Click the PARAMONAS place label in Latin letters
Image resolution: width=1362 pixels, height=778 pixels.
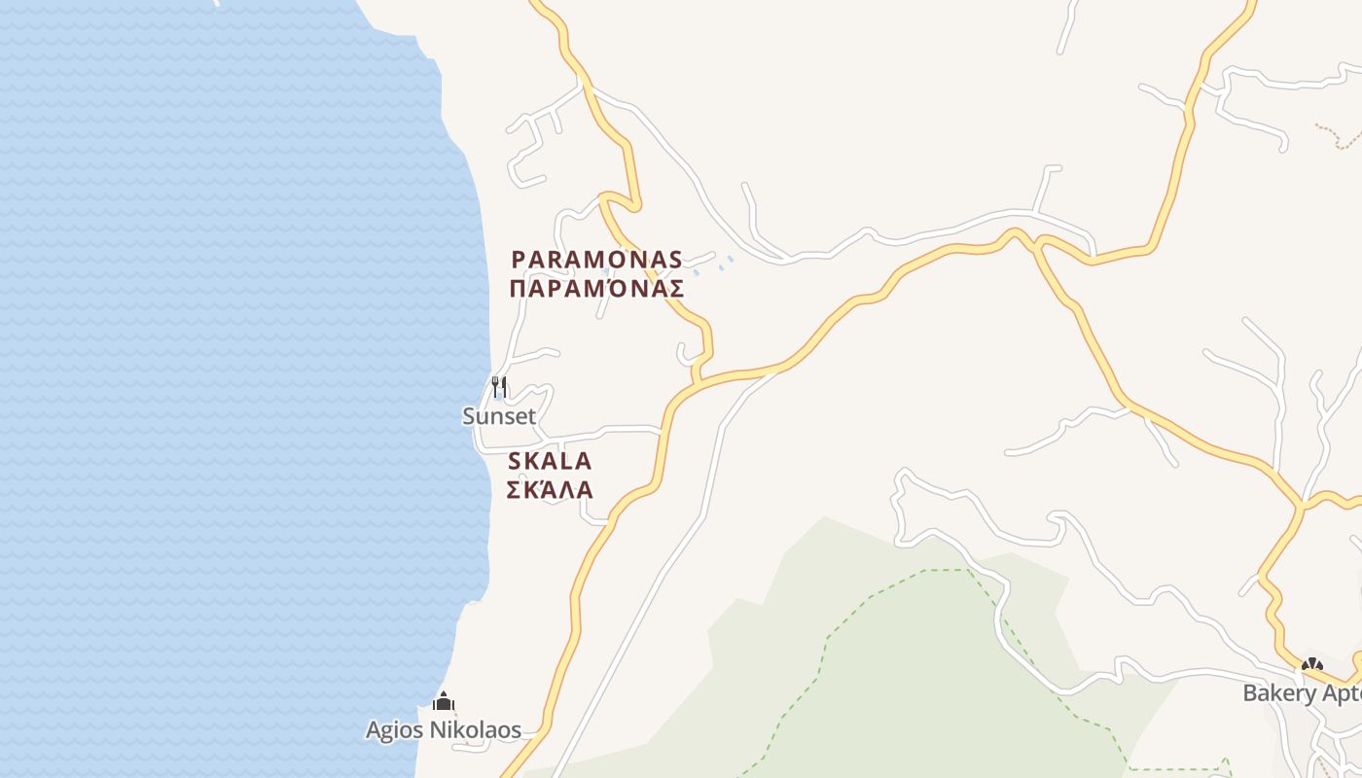coord(597,260)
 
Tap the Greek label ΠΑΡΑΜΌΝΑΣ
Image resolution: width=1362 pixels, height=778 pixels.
coord(597,289)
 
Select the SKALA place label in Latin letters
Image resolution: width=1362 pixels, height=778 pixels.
coord(550,461)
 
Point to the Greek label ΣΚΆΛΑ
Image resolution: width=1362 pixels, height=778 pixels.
coord(550,490)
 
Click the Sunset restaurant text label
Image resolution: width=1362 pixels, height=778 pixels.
coord(498,416)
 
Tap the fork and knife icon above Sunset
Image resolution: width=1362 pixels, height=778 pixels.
coord(499,387)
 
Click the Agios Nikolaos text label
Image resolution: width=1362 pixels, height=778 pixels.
coord(444,730)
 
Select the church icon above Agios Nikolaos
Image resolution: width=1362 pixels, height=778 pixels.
coord(444,701)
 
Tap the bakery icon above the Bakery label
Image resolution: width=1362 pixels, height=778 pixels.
coord(1312,665)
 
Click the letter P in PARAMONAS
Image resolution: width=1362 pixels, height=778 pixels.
coord(519,260)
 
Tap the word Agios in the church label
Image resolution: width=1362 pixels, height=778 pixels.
coord(394,730)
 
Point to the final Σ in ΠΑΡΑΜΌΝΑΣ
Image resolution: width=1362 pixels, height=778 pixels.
coord(676,289)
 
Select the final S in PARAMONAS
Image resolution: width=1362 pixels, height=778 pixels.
coord(675,260)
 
